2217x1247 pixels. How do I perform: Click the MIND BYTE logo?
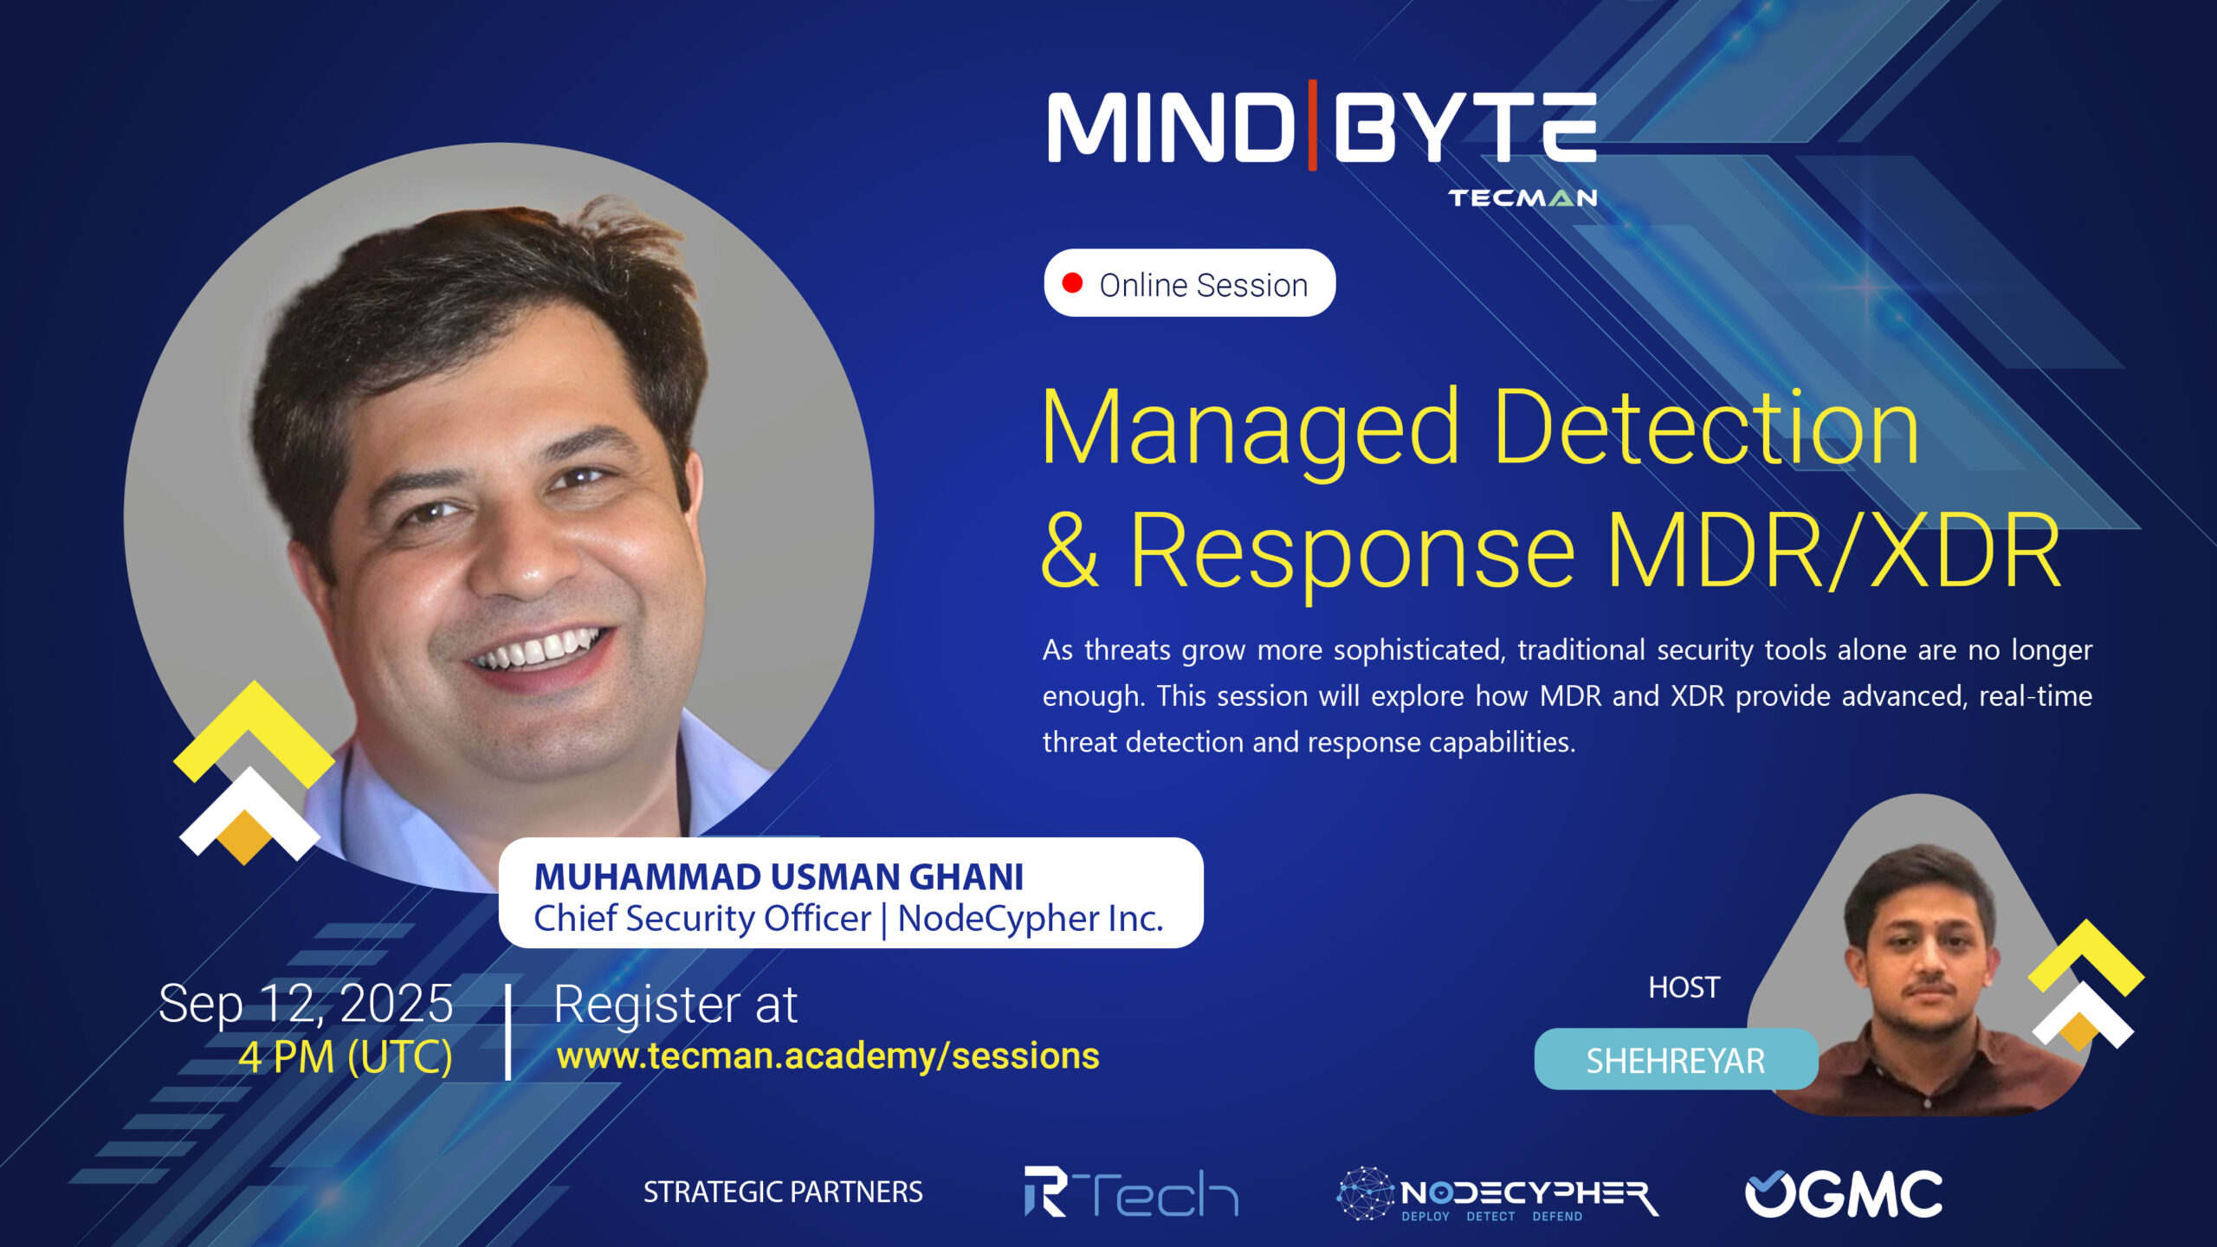pyautogui.click(x=1322, y=127)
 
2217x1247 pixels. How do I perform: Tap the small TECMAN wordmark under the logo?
pyautogui.click(x=1523, y=198)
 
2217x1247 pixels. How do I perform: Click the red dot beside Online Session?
pyautogui.click(x=1072, y=283)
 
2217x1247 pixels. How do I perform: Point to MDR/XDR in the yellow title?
pyautogui.click(x=1833, y=552)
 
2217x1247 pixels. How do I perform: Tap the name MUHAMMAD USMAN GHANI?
pyautogui.click(x=779, y=877)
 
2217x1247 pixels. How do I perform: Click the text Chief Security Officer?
pyautogui.click(x=702, y=919)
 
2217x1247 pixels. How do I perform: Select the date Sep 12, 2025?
pyautogui.click(x=306, y=1005)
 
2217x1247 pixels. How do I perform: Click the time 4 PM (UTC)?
pyautogui.click(x=346, y=1057)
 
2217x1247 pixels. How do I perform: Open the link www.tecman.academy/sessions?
pyautogui.click(x=828, y=1056)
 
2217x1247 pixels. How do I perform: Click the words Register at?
pyautogui.click(x=675, y=1005)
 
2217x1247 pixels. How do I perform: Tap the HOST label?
pyautogui.click(x=1684, y=987)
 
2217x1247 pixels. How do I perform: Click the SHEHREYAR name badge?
pyautogui.click(x=1676, y=1060)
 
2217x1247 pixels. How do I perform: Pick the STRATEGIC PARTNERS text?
pyautogui.click(x=783, y=1192)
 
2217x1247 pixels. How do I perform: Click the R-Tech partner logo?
pyautogui.click(x=1131, y=1192)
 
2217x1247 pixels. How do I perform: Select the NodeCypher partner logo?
pyautogui.click(x=1497, y=1193)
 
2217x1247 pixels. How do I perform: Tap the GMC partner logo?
pyautogui.click(x=1844, y=1194)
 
